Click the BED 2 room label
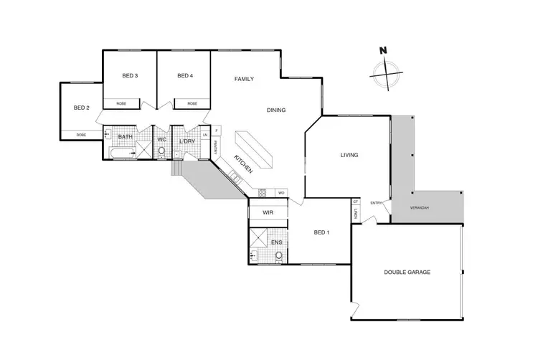pyautogui.click(x=81, y=108)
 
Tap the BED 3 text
pyautogui.click(x=129, y=76)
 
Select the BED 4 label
pyautogui.click(x=185, y=76)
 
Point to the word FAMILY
pyautogui.click(x=245, y=79)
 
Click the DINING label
pyautogui.click(x=276, y=110)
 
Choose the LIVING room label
pyautogui.click(x=349, y=155)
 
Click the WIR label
pyautogui.click(x=268, y=213)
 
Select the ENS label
pyautogui.click(x=276, y=242)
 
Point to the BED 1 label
pyautogui.click(x=322, y=232)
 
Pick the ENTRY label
pyautogui.click(x=376, y=203)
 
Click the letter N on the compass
pyautogui.click(x=383, y=50)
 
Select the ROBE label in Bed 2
pyautogui.click(x=81, y=135)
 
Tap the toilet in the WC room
pyautogui.click(x=162, y=151)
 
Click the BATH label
pyautogui.click(x=125, y=137)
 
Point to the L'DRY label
pyautogui.click(x=187, y=141)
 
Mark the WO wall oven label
pyautogui.click(x=281, y=193)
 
